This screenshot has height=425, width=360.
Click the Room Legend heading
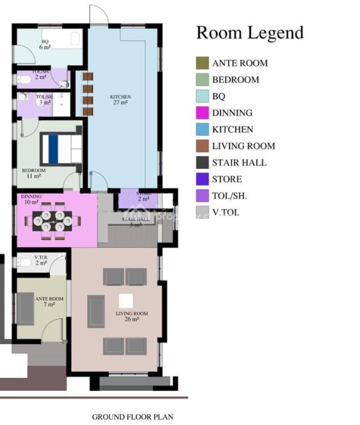tap(249, 33)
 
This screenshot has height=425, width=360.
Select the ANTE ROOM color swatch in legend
tap(202, 63)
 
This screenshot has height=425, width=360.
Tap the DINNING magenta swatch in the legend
tap(202, 113)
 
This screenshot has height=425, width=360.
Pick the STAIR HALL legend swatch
tap(202, 163)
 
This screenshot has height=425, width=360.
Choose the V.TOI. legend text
tap(226, 212)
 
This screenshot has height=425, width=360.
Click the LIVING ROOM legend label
tap(243, 146)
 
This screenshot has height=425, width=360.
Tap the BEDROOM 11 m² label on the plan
tap(33, 173)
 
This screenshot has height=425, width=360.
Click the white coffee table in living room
tap(125, 300)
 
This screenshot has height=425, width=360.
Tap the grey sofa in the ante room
tap(26, 308)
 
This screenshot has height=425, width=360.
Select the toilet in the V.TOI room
tap(24, 262)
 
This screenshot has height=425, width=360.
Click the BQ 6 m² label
tap(45, 44)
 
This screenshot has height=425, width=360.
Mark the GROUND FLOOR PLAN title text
tap(133, 416)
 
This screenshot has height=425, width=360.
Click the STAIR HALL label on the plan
tap(134, 222)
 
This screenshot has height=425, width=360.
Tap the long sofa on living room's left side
tap(96, 311)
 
